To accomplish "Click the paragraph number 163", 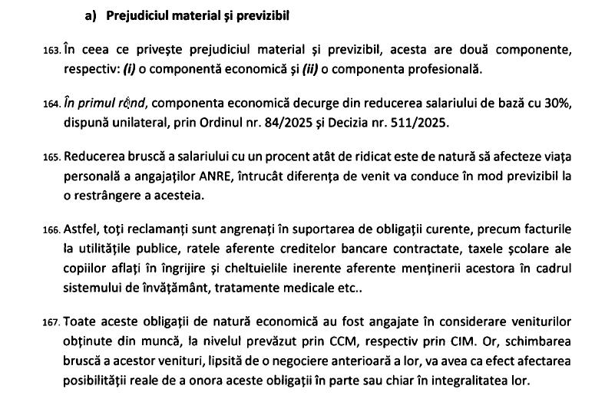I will point(51,51).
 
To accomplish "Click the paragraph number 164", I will point(51,104).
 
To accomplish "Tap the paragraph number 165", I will point(51,157).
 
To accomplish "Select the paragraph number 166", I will point(51,229).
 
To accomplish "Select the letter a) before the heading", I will point(91,15).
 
